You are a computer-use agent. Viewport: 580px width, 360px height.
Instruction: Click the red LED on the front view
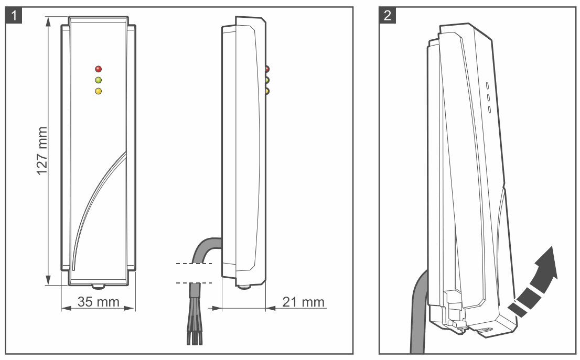coord(98,69)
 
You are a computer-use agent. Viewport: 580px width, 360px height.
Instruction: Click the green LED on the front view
coord(98,80)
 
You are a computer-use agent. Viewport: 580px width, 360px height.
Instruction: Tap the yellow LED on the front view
coord(98,91)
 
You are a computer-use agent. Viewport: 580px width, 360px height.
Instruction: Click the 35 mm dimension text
coord(99,302)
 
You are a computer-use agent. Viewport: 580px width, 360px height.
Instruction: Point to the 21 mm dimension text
coord(304,302)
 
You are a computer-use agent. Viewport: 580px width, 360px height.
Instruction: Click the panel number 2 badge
coord(388,16)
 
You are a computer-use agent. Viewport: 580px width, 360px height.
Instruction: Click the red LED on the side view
coord(267,69)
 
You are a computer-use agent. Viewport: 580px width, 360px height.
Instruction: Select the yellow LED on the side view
coord(267,91)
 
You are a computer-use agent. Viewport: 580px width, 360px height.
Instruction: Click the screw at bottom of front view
coord(98,287)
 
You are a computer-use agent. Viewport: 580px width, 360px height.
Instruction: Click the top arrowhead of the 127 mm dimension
coord(49,20)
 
